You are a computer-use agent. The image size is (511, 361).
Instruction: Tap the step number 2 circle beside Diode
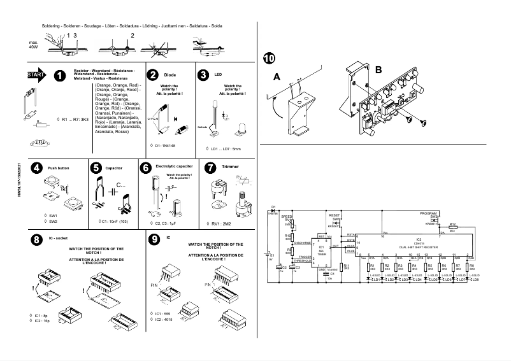click(153, 74)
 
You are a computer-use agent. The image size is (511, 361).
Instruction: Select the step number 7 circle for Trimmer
click(211, 168)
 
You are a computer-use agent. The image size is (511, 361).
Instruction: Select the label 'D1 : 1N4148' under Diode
click(168, 146)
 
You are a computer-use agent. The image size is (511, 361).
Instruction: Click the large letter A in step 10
click(277, 76)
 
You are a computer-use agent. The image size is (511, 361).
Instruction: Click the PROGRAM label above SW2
click(429, 212)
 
